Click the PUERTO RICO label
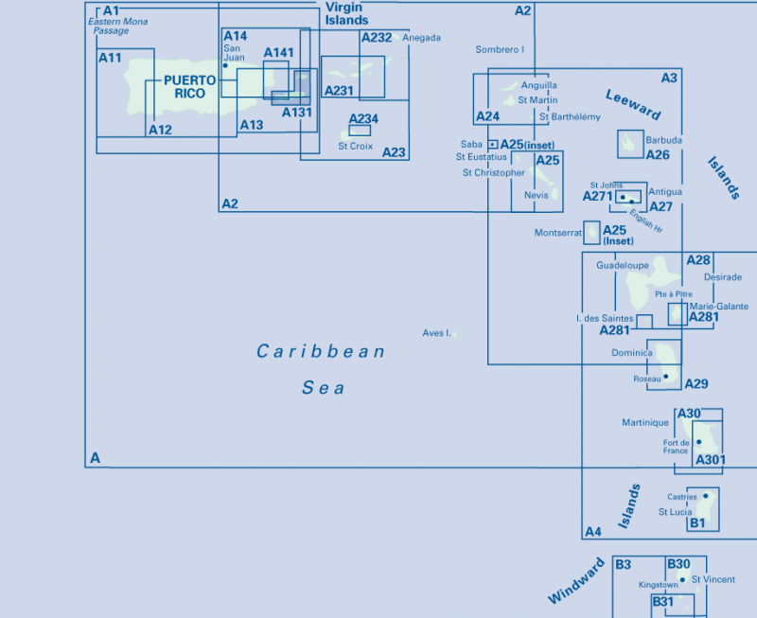point(190,87)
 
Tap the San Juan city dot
point(225,65)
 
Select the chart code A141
point(278,53)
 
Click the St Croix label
point(356,147)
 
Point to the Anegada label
point(421,38)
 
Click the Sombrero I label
point(500,49)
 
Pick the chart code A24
point(487,116)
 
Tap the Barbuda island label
point(664,140)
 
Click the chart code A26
point(658,155)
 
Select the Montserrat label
point(558,233)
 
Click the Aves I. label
point(436,333)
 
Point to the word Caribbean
point(321,351)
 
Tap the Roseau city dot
point(666,376)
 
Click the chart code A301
point(711,460)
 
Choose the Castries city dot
point(706,496)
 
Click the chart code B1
point(697,522)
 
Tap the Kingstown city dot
point(682,580)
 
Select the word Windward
point(576,581)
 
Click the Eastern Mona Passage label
point(117,26)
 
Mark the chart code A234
point(363,118)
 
